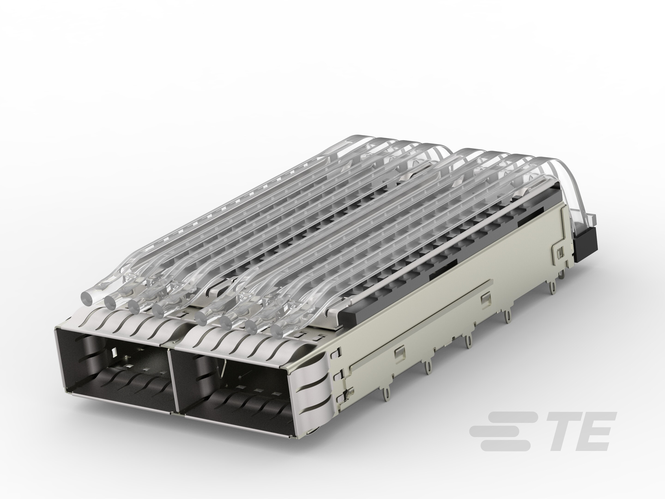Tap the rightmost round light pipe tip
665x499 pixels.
278,331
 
